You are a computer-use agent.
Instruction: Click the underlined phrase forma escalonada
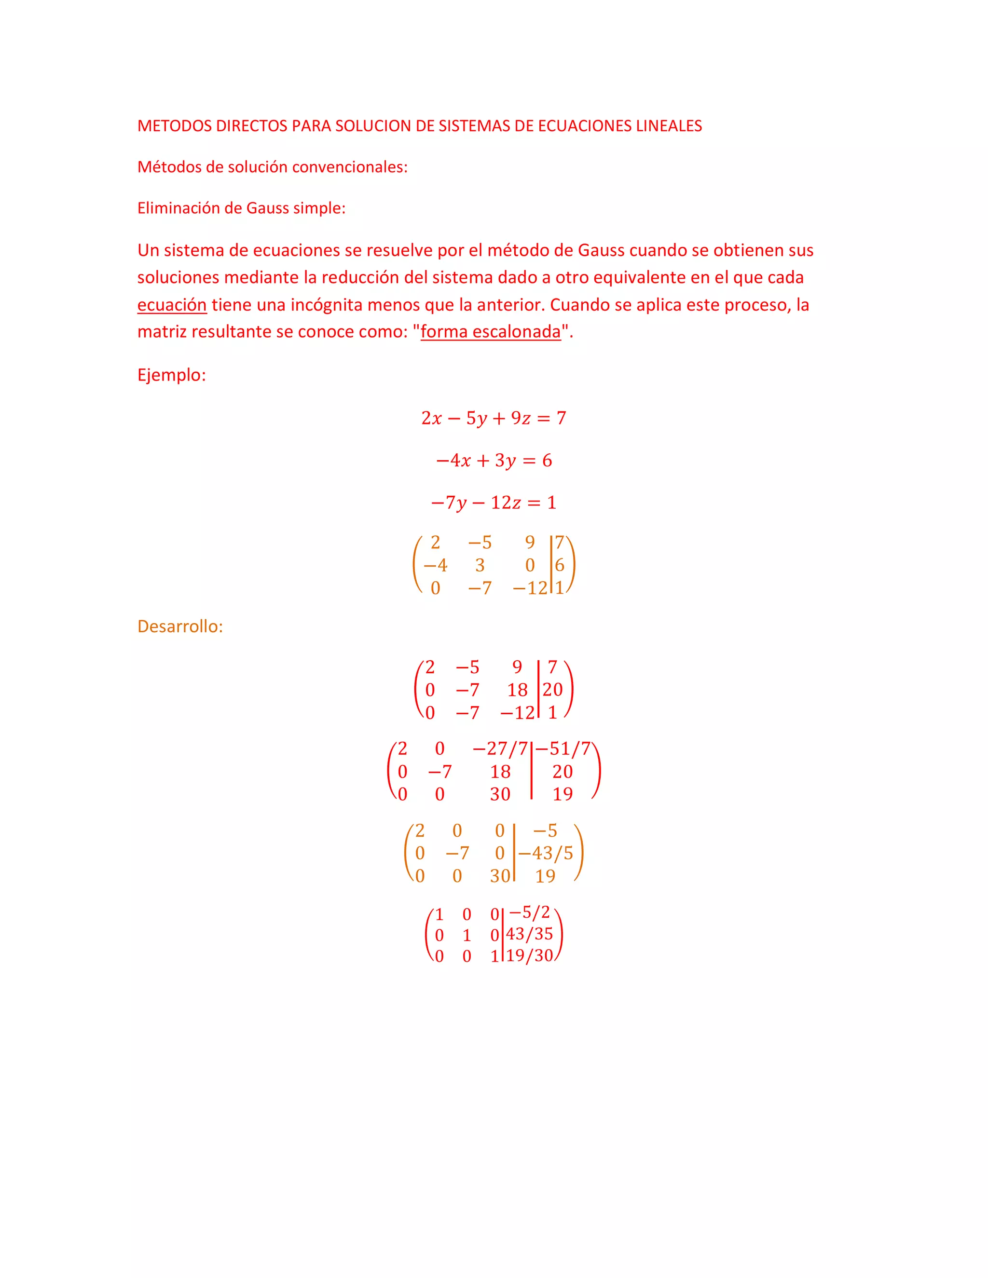491,332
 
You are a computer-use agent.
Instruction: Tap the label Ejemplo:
171,375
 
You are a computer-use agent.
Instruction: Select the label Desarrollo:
179,627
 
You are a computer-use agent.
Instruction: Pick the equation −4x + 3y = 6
494,461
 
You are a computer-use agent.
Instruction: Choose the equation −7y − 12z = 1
494,503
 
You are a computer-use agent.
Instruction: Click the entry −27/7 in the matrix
500,749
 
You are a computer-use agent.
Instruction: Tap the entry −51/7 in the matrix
563,749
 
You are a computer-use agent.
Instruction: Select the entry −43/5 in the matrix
545,853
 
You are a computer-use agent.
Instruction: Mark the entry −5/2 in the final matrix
529,912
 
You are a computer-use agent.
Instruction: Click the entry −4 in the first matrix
435,565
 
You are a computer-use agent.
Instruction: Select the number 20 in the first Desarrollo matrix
552,690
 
